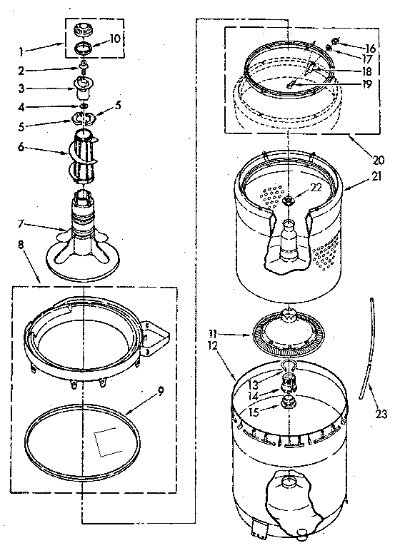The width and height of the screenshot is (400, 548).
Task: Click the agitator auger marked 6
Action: click(x=85, y=156)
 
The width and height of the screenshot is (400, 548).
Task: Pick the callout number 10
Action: click(x=115, y=37)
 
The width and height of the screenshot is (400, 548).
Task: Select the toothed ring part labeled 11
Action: click(x=286, y=333)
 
